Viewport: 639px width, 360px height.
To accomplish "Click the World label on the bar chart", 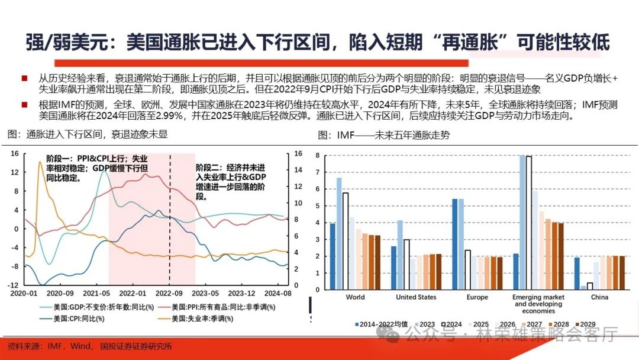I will click(355, 297).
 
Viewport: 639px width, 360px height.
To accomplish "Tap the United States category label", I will click(416, 297).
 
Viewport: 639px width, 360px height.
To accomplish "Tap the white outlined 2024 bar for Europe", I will click(467, 269).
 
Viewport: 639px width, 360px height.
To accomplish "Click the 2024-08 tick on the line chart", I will click(278, 293).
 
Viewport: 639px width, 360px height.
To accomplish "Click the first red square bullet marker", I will click(24, 78).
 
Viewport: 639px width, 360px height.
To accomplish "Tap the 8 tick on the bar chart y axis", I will click(318, 156).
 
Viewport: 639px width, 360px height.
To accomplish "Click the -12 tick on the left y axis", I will click(12, 285).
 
